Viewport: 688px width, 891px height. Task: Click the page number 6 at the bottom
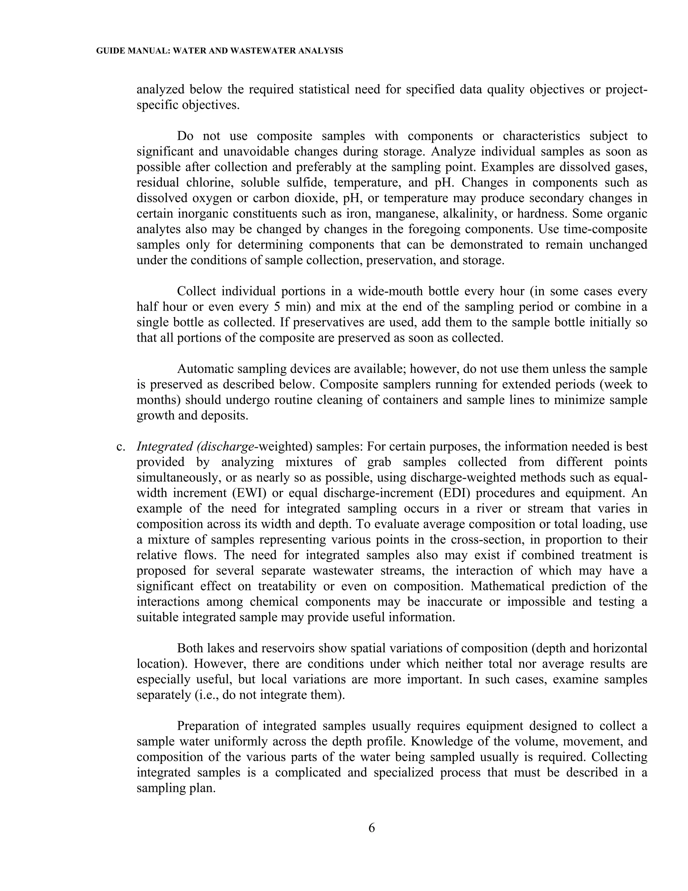click(371, 828)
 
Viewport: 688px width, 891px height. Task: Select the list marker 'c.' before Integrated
click(121, 447)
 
